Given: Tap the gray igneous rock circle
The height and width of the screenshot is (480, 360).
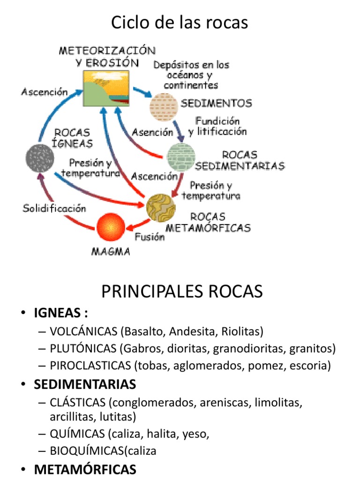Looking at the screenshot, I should click(x=40, y=158).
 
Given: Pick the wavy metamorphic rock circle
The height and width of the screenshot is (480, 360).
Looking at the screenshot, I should click(x=161, y=207).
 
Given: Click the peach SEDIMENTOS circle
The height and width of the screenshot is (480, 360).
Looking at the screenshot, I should click(x=164, y=106).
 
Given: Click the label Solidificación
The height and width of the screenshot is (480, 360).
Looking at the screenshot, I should click(x=54, y=208).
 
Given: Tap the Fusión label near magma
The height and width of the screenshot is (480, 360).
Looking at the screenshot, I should click(x=150, y=237).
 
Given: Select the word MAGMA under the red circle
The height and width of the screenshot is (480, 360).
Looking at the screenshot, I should click(x=110, y=252).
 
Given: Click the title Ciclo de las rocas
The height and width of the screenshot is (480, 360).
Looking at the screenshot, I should click(x=180, y=22).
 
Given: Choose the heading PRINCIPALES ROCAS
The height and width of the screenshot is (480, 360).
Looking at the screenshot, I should click(x=182, y=292).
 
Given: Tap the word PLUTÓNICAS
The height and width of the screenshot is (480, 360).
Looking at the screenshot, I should click(x=82, y=349).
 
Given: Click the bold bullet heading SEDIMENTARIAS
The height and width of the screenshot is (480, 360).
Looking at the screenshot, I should click(x=85, y=384).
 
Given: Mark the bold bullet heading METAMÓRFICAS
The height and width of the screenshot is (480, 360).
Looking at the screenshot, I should click(x=85, y=469).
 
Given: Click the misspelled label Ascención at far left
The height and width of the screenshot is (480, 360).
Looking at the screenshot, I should click(x=45, y=92).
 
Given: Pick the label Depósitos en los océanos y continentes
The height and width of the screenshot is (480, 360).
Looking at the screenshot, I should click(x=191, y=75).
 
